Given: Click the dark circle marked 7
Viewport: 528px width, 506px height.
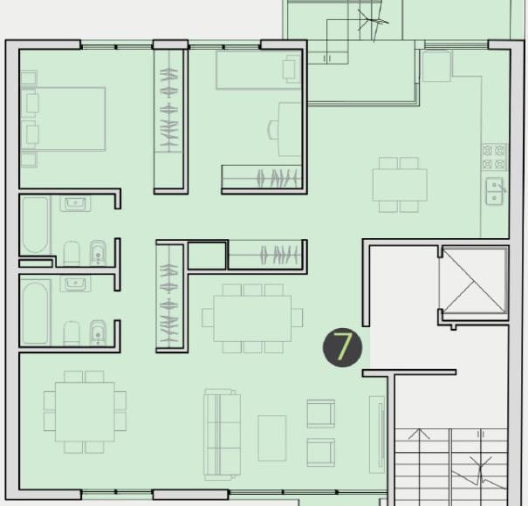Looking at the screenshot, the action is [x=342, y=347].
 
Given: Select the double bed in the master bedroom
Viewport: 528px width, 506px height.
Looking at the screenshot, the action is [x=63, y=119].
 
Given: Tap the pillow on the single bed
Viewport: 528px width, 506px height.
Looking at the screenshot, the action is [x=291, y=69].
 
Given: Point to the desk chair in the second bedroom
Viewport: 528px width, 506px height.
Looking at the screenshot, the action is [x=273, y=130].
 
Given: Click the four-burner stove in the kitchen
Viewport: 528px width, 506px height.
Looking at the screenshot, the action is [x=494, y=157].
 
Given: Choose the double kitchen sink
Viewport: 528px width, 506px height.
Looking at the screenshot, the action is [x=494, y=191].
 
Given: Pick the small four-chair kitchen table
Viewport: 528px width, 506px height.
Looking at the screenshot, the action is [x=400, y=185].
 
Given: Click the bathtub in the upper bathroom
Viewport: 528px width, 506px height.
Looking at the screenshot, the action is [x=35, y=225].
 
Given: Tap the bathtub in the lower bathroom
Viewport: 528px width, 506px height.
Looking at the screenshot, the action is [x=36, y=313].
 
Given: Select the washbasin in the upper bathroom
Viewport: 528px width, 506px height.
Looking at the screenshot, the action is [x=75, y=203].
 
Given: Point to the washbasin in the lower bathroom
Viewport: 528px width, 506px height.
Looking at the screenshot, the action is [x=75, y=284].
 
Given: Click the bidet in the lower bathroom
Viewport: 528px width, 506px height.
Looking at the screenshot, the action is [x=98, y=332].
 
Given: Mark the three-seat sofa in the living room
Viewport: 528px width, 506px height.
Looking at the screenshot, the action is [x=223, y=434].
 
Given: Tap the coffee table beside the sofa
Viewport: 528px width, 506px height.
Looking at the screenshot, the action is [x=272, y=438].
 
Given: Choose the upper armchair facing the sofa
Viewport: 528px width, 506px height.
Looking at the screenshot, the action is [x=321, y=414].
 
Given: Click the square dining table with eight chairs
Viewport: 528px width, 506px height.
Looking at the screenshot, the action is [x=85, y=412].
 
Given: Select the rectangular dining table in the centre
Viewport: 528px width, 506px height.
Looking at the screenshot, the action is [x=252, y=318].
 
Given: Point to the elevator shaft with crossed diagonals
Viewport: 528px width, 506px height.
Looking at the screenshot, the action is [x=474, y=282].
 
